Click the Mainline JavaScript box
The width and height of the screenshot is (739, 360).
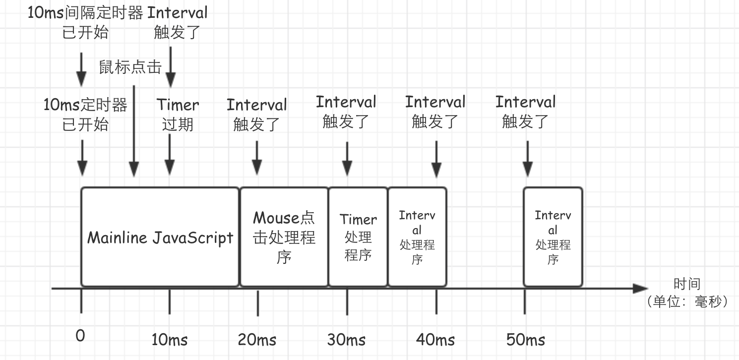[x=160, y=237]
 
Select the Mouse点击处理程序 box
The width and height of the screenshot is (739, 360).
[x=284, y=237]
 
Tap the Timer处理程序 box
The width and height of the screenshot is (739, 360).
[x=358, y=237]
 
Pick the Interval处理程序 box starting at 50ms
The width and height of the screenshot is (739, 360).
[x=553, y=237]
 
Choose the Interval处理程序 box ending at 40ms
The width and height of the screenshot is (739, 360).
[x=417, y=237]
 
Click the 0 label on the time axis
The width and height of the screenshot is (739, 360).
[x=80, y=336]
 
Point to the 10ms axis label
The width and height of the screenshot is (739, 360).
[x=170, y=340]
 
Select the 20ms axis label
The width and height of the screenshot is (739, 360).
[x=257, y=340]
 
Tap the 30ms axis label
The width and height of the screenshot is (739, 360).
[x=346, y=340]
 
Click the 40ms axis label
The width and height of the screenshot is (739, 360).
[x=435, y=340]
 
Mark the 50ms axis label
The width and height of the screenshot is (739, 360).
[x=526, y=340]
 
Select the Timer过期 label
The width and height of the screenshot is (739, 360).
[x=178, y=114]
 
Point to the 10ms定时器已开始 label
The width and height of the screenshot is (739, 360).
[x=85, y=114]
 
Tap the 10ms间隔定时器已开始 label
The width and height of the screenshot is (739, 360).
[x=85, y=22]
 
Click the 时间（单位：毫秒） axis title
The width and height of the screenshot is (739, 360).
[x=687, y=293]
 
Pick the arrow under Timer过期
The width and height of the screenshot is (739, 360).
[x=170, y=154]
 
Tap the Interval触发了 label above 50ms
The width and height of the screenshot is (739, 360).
[x=525, y=112]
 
